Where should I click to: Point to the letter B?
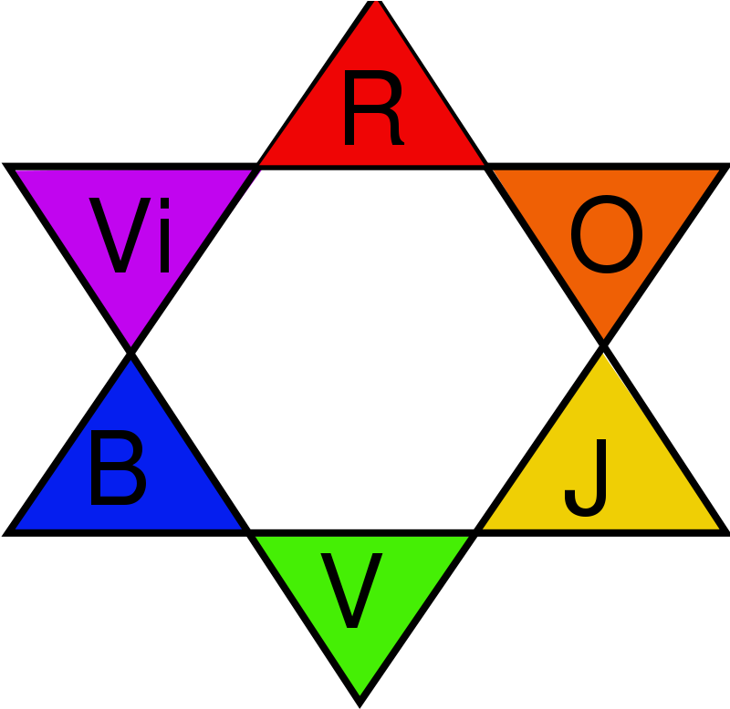[117, 469]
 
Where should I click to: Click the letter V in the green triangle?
[351, 591]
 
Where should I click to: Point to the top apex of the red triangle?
[376, 2]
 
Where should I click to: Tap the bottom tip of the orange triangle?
[604, 338]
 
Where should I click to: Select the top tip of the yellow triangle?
[603, 354]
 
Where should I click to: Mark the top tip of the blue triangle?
[131, 361]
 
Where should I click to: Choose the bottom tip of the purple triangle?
[131, 345]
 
